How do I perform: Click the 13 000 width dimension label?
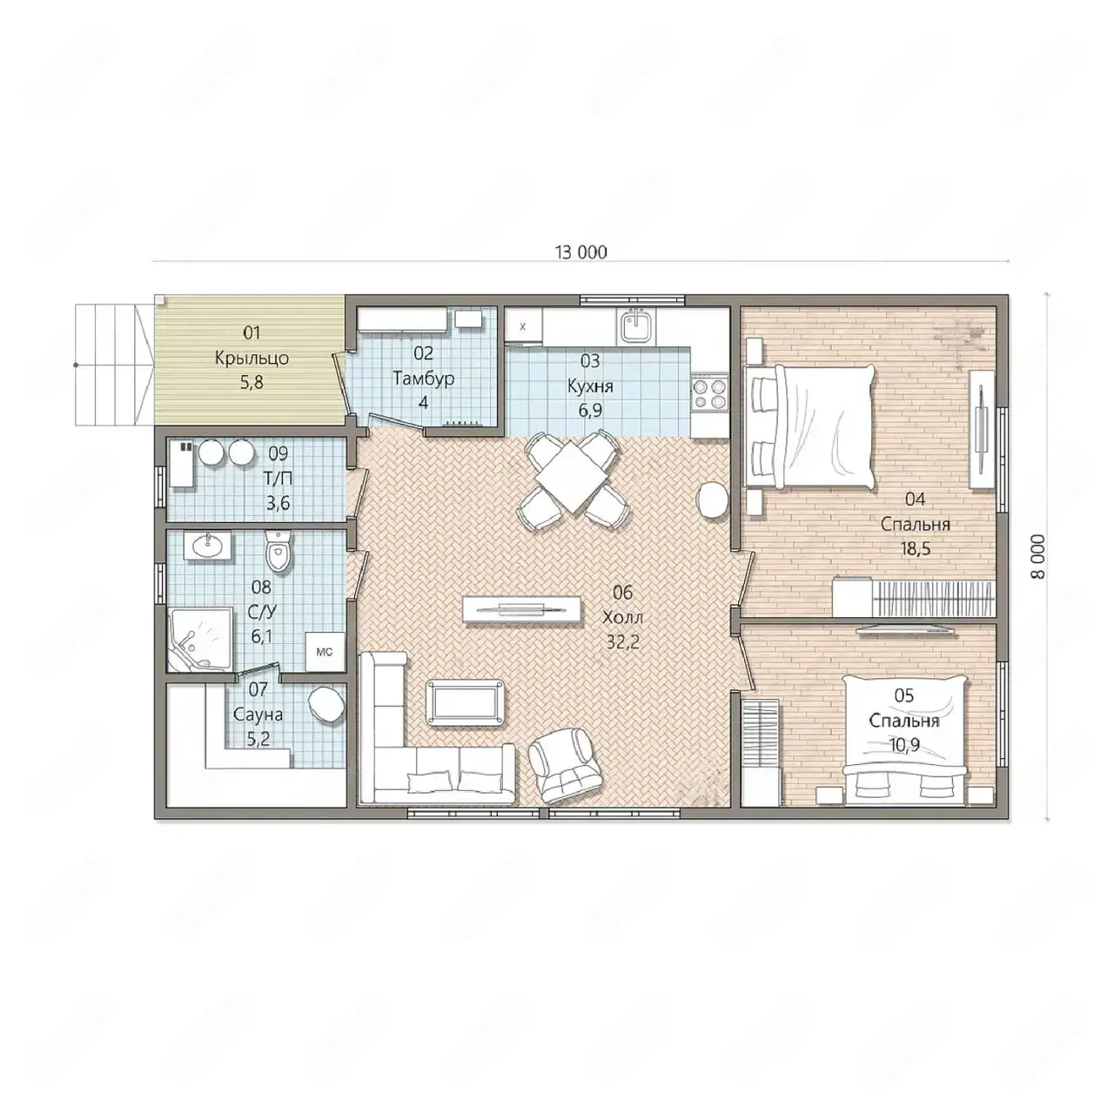(581, 252)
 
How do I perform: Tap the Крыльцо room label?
(252, 358)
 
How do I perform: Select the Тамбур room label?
(423, 378)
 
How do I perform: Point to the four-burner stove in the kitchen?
(710, 393)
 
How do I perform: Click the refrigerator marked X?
(523, 326)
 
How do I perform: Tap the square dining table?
(571, 476)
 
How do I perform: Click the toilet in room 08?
(278, 552)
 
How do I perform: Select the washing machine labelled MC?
(325, 652)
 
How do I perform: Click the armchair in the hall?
(566, 765)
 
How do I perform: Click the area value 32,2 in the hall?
(622, 642)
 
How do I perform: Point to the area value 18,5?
(915, 548)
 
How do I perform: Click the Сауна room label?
(258, 715)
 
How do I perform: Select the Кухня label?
(590, 386)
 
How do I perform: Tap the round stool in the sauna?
(326, 704)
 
